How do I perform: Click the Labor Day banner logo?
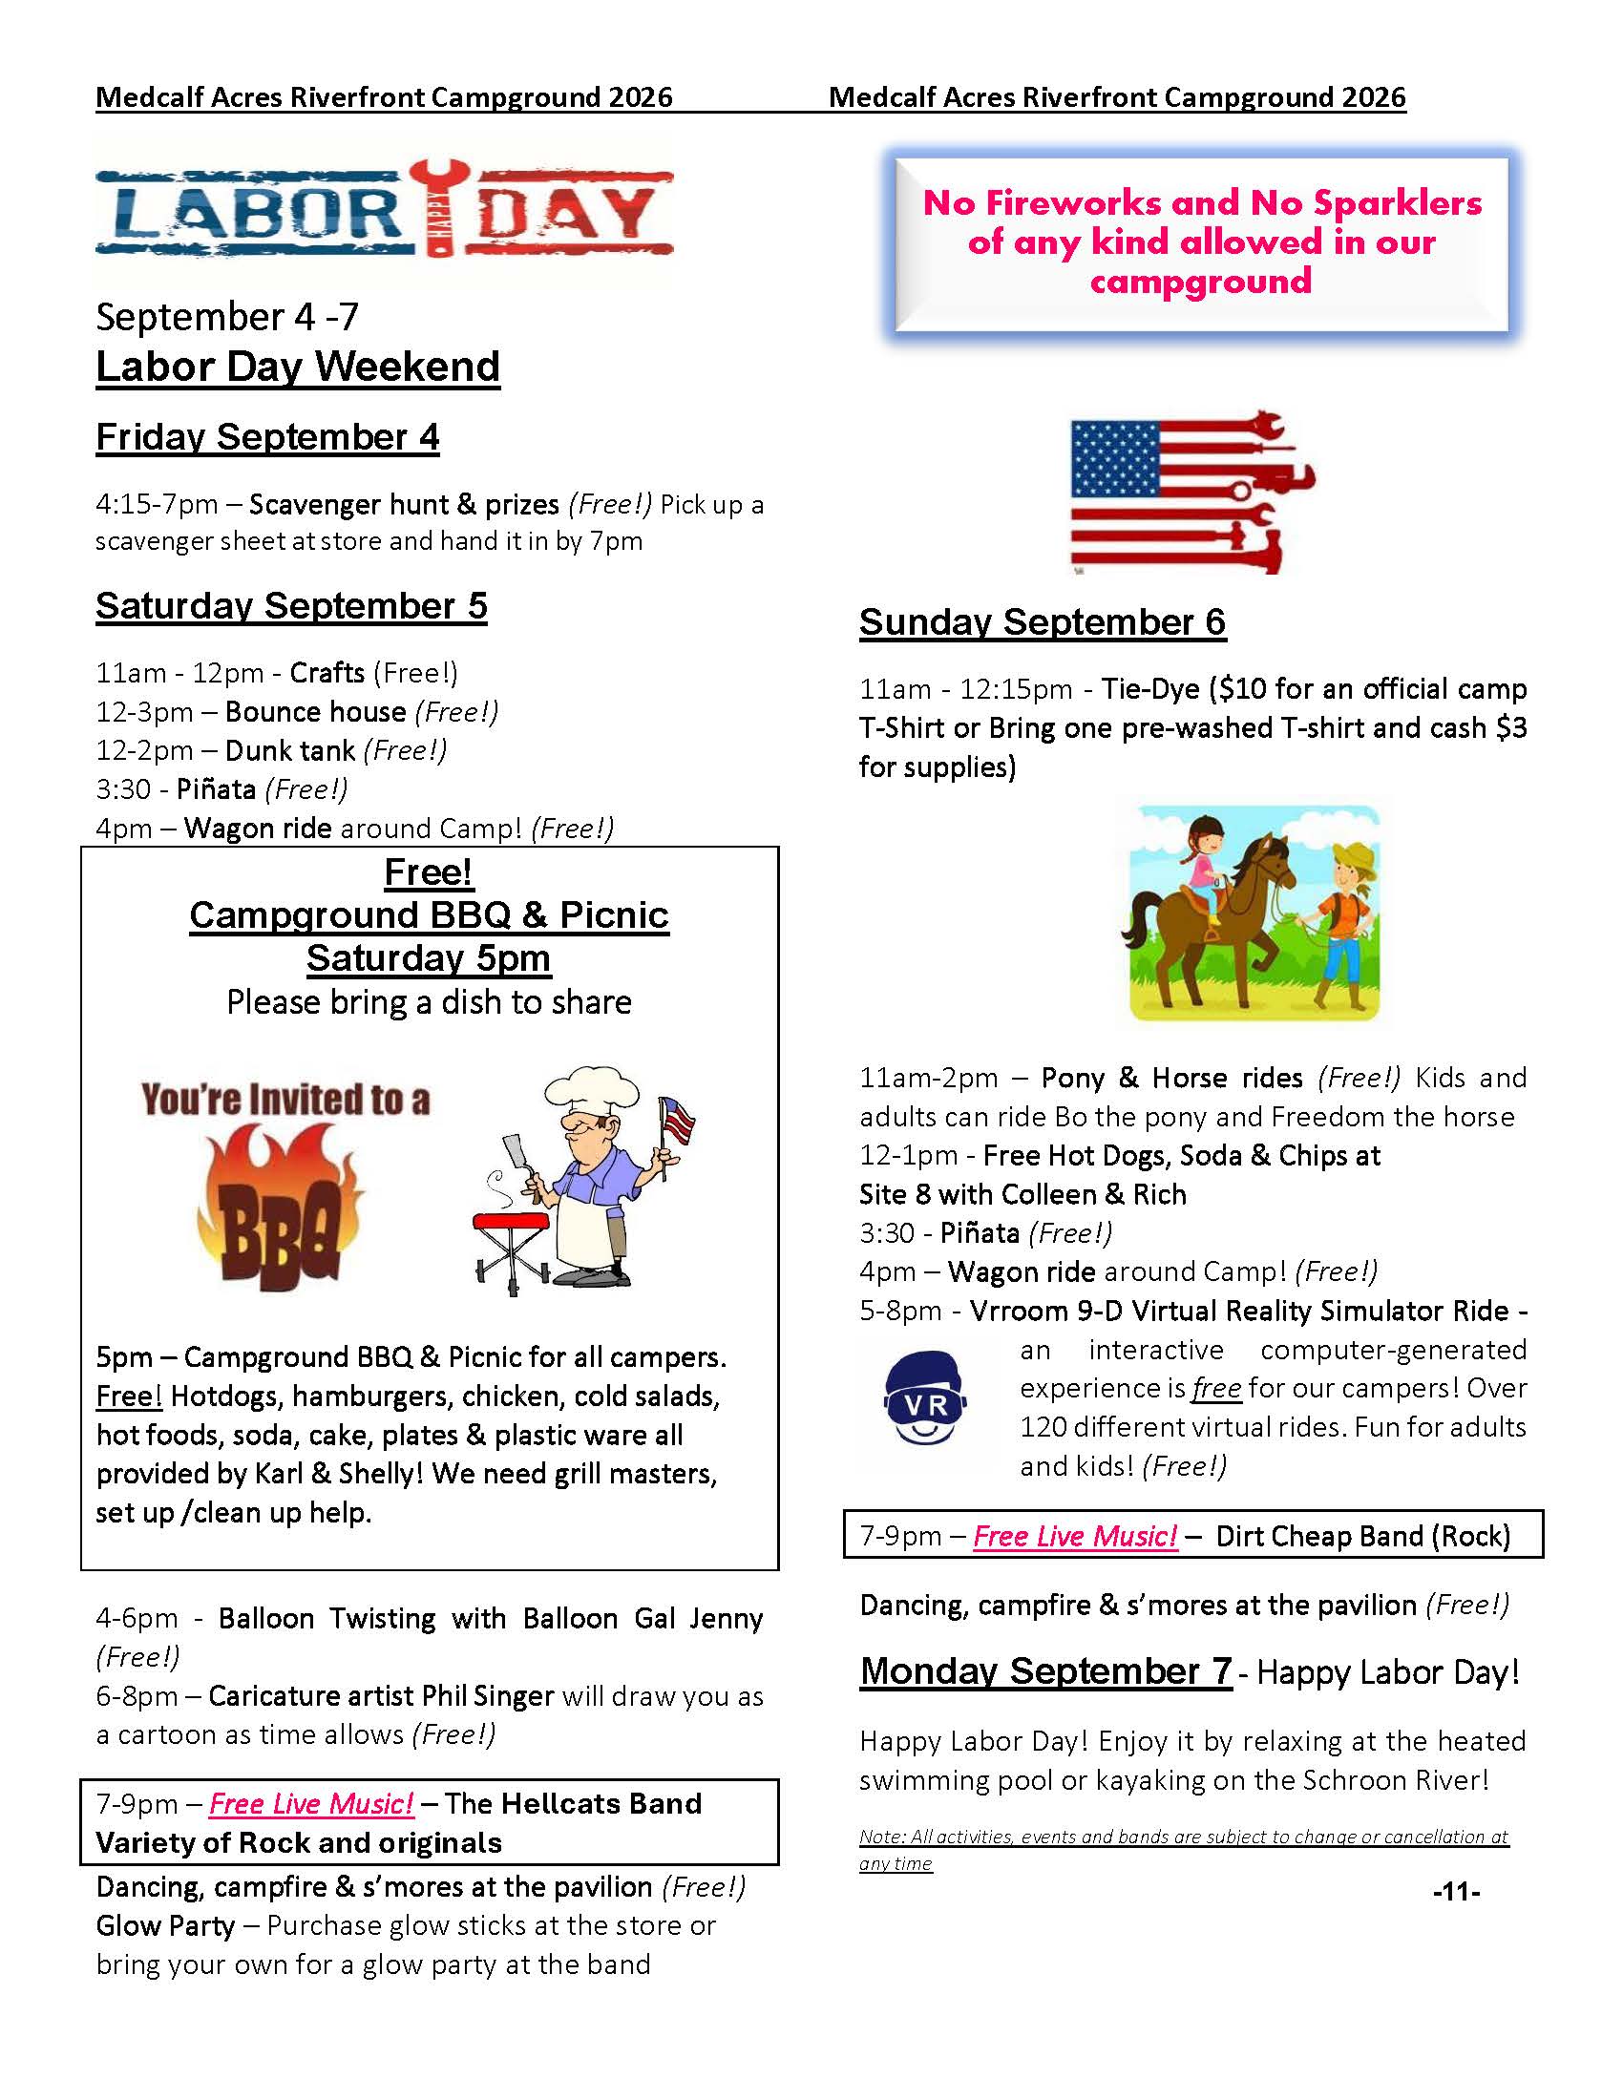coord(384,209)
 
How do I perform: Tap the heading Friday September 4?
coord(267,437)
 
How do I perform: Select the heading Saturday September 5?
coord(291,607)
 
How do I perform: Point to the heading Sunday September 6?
coord(1043,623)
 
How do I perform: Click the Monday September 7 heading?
coord(1046,1671)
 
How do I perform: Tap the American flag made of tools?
coord(1192,493)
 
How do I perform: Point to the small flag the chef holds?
coord(677,1121)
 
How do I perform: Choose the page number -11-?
coord(1456,1892)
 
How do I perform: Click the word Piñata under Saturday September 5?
coord(217,789)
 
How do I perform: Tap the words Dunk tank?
coord(290,751)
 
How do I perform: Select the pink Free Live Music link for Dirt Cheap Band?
coord(1075,1537)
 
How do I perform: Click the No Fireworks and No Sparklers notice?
coord(1202,242)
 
